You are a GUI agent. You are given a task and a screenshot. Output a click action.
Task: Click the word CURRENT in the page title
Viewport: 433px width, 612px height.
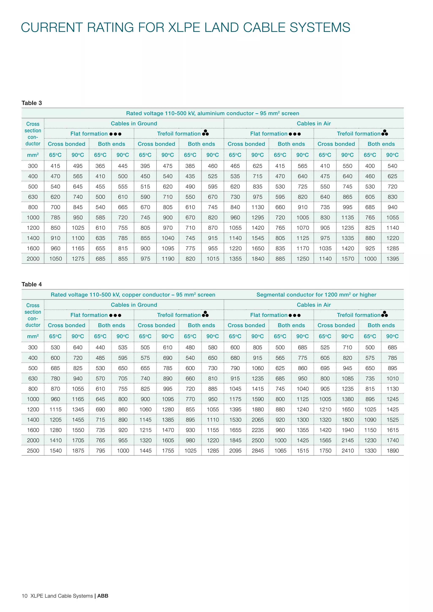(51, 28)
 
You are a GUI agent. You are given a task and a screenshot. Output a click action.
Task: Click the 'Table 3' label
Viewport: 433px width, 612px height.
(32, 103)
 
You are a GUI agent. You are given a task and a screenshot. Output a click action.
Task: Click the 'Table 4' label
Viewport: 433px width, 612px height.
(32, 284)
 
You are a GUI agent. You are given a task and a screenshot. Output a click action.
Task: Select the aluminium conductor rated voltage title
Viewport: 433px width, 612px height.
(212, 113)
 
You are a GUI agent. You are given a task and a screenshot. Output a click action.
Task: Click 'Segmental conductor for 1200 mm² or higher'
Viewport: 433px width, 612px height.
(316, 295)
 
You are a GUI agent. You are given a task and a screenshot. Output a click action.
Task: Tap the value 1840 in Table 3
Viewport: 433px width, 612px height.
(258, 259)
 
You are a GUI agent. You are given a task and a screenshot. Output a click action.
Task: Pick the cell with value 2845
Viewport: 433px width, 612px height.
(258, 451)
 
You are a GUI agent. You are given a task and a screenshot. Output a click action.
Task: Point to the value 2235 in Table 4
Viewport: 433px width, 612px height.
(258, 430)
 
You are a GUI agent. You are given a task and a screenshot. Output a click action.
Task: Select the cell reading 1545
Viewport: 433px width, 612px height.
(258, 238)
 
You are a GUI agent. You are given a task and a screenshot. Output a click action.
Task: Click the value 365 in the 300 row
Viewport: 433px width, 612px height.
(100, 166)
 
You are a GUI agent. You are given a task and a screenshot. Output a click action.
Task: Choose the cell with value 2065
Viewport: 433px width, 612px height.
(258, 420)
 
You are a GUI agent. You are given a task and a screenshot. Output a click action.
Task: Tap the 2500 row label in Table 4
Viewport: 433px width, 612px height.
(33, 451)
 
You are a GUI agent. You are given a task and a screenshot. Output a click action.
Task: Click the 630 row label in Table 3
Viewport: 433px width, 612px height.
(33, 197)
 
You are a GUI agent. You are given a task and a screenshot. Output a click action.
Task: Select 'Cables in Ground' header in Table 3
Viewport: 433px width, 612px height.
(134, 124)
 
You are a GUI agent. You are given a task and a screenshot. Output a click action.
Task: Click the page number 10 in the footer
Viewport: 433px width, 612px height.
(25, 596)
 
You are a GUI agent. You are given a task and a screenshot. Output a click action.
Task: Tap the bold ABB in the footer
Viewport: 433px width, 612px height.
(103, 596)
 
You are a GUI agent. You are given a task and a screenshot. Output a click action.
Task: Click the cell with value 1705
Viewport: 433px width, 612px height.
(78, 441)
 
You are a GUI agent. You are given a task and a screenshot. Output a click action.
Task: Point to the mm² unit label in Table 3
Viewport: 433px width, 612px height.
(33, 155)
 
